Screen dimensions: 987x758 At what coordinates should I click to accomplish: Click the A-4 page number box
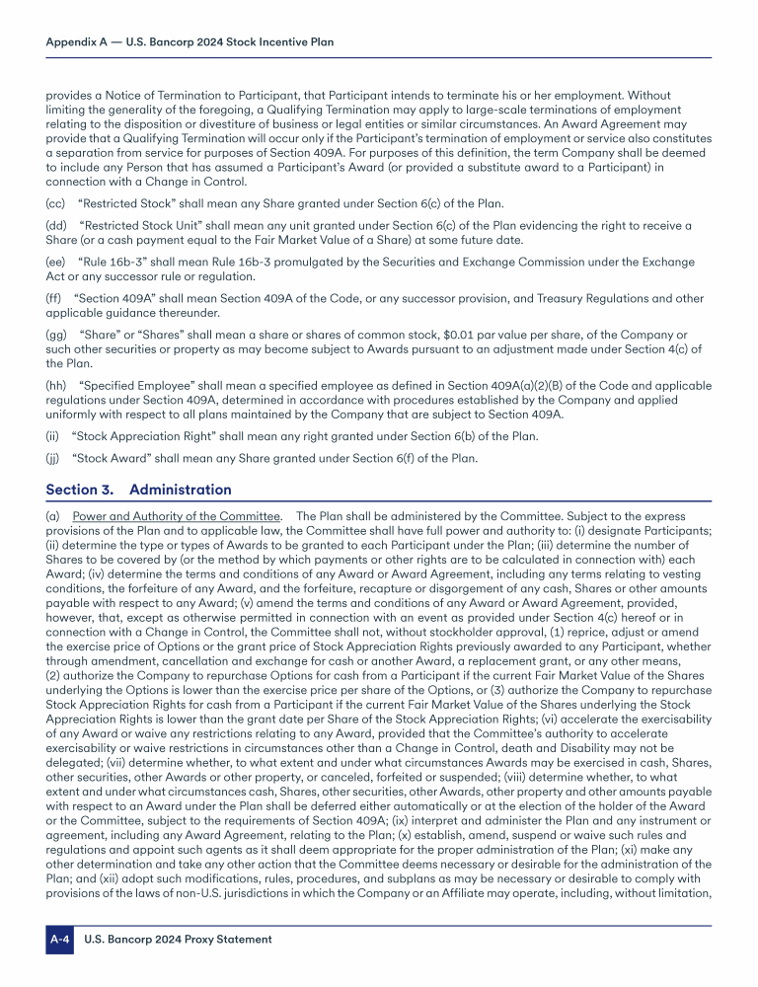[60, 940]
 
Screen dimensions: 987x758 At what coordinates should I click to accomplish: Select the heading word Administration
[181, 490]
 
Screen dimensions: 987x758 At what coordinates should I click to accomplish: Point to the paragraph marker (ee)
[56, 262]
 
